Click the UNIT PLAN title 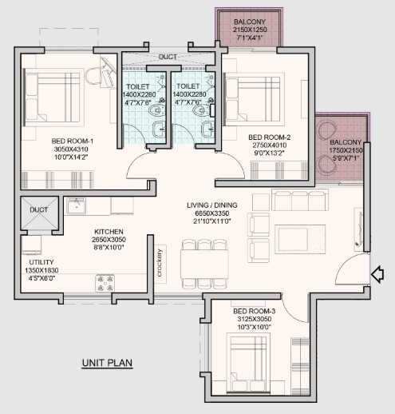click(107, 363)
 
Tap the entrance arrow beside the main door click(377, 274)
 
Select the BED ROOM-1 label click(73, 141)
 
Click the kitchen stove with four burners click(105, 283)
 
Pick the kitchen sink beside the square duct click(76, 206)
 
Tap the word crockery click(160, 263)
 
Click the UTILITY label click(41, 262)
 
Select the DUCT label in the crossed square click(39, 210)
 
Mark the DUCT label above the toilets click(168, 57)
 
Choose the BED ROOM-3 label click(255, 311)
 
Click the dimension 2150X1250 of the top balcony click(250, 30)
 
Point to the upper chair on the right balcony click(326, 129)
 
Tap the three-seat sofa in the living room click(300, 200)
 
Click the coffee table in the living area click(300, 239)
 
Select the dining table click(204, 264)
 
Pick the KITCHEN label click(109, 232)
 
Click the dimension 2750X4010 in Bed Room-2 click(270, 145)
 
